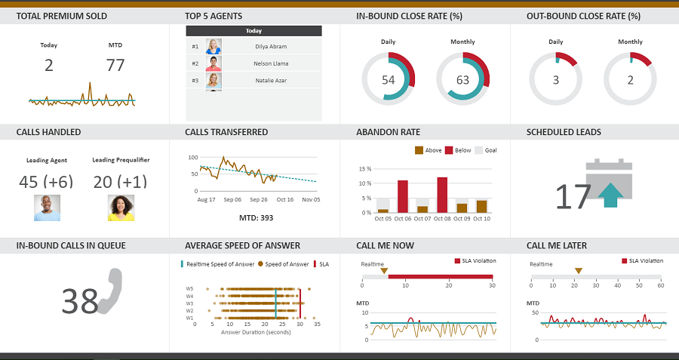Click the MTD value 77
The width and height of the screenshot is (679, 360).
(115, 66)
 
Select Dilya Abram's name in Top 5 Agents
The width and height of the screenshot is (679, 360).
(271, 47)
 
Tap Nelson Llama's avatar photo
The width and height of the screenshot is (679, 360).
(214, 63)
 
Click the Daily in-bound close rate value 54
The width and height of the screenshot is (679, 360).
(389, 80)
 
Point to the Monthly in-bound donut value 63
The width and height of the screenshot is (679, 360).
(462, 80)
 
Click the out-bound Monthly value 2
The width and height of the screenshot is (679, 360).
(630, 80)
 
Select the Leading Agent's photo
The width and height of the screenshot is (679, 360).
(47, 208)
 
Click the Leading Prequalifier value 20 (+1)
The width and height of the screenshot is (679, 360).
(121, 182)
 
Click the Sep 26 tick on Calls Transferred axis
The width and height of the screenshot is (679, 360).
(259, 200)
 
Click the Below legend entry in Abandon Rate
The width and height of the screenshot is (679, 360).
(459, 150)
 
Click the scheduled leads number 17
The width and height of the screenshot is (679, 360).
(573, 196)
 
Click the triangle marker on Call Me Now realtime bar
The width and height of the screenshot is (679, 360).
(384, 270)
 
